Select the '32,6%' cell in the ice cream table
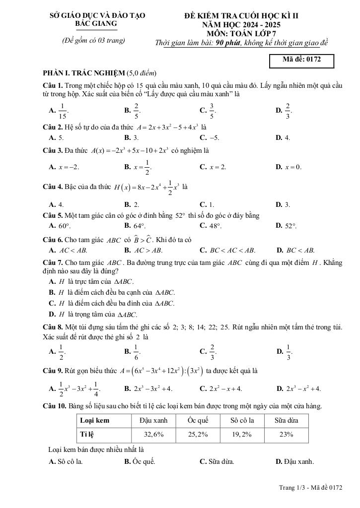153,434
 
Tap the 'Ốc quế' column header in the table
198,420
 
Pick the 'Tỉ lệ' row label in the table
87,434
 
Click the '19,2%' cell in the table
242,434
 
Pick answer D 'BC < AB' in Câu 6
295,251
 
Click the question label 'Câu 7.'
53,262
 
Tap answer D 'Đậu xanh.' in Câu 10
295,461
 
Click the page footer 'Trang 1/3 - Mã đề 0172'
310,488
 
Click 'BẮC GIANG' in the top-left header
96,23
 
